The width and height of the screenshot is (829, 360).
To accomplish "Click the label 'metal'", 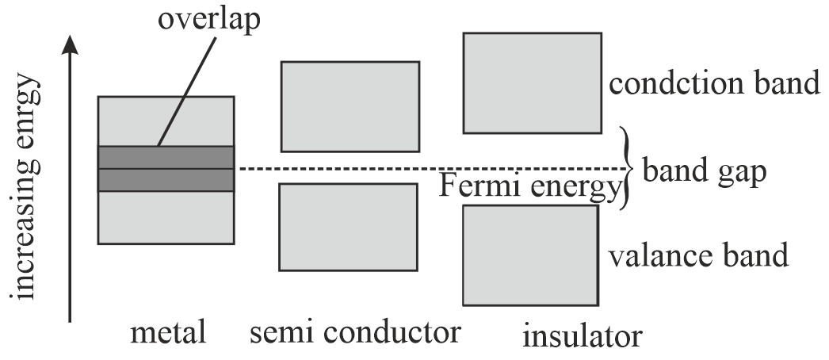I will tap(168, 332).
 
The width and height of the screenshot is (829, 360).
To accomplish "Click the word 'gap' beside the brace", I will tap(742, 172).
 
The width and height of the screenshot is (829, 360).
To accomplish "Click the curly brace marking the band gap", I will tap(628, 168).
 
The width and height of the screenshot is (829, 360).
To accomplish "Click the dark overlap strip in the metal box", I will tap(166, 168).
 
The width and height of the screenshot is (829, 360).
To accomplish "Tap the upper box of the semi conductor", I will tap(350, 106).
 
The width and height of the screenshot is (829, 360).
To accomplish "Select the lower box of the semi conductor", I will tap(347, 227).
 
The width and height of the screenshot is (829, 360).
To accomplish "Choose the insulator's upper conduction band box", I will tap(532, 82).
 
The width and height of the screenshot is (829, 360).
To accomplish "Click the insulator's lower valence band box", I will tap(529, 255).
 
